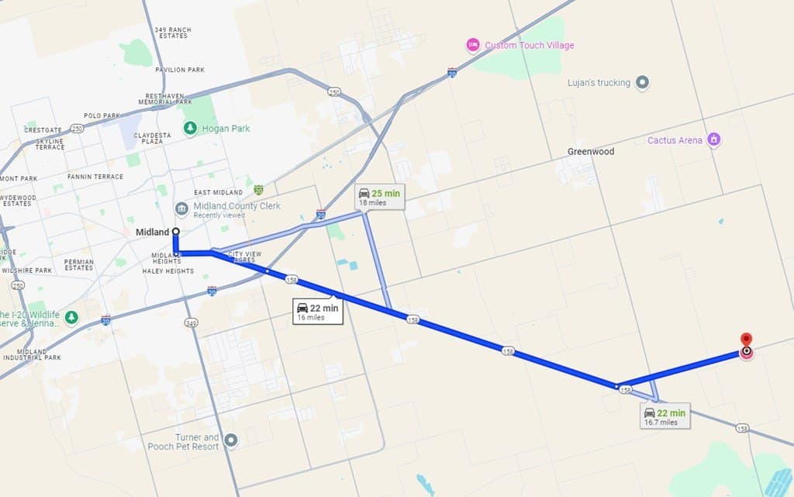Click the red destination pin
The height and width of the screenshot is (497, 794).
(x=746, y=341)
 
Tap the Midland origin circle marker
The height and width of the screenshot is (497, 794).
(x=176, y=232)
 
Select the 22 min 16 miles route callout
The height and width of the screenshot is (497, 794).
(x=318, y=312)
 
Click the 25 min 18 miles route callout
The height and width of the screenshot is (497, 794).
(x=379, y=197)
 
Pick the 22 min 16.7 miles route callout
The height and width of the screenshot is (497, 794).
(x=665, y=416)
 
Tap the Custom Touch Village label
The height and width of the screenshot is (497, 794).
(x=530, y=46)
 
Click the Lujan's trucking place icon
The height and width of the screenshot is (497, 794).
(x=642, y=83)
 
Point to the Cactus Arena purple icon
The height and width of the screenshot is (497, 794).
(x=714, y=140)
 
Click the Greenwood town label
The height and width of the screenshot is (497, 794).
(x=591, y=152)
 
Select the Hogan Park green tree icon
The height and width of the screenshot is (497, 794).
(x=190, y=128)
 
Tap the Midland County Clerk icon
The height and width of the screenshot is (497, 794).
(x=181, y=209)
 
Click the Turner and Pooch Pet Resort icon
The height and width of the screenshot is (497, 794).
(x=231, y=442)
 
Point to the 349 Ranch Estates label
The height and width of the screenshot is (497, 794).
(x=174, y=33)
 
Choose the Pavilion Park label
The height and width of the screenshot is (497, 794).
(x=180, y=70)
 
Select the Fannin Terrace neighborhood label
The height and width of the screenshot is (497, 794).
(x=95, y=177)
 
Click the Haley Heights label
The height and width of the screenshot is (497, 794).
(x=167, y=272)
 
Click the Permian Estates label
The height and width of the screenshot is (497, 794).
(x=79, y=265)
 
